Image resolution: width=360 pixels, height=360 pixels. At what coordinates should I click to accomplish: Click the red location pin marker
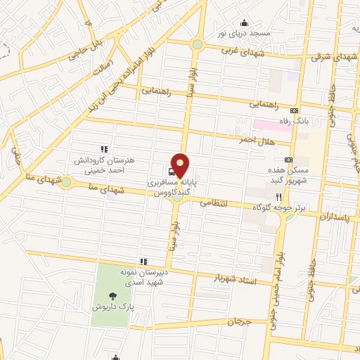pyautogui.click(x=181, y=165)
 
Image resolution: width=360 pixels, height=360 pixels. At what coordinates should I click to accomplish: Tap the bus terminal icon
pyautogui.click(x=172, y=170)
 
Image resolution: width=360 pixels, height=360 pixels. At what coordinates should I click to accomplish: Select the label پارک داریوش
pyautogui.click(x=114, y=307)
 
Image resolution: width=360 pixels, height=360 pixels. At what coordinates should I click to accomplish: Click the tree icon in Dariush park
pyautogui.click(x=114, y=296)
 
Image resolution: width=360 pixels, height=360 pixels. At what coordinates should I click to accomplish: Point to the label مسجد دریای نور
pyautogui.click(x=244, y=34)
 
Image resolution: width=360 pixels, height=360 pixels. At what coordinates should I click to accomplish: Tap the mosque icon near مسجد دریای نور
pyautogui.click(x=244, y=23)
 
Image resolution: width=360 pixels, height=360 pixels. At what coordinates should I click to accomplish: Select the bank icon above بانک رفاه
pyautogui.click(x=294, y=110)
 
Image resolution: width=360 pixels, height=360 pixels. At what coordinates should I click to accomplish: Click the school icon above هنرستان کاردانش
pyautogui.click(x=104, y=148)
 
